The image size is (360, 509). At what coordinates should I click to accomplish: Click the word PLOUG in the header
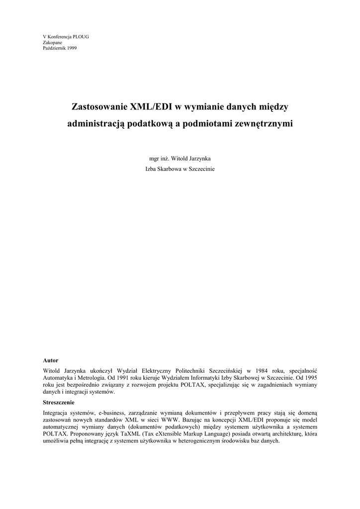(81, 37)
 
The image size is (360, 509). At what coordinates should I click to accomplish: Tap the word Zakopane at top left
(53, 43)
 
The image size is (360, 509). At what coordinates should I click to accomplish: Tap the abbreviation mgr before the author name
(148, 159)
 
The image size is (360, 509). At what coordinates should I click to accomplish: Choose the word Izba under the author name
(150, 169)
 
